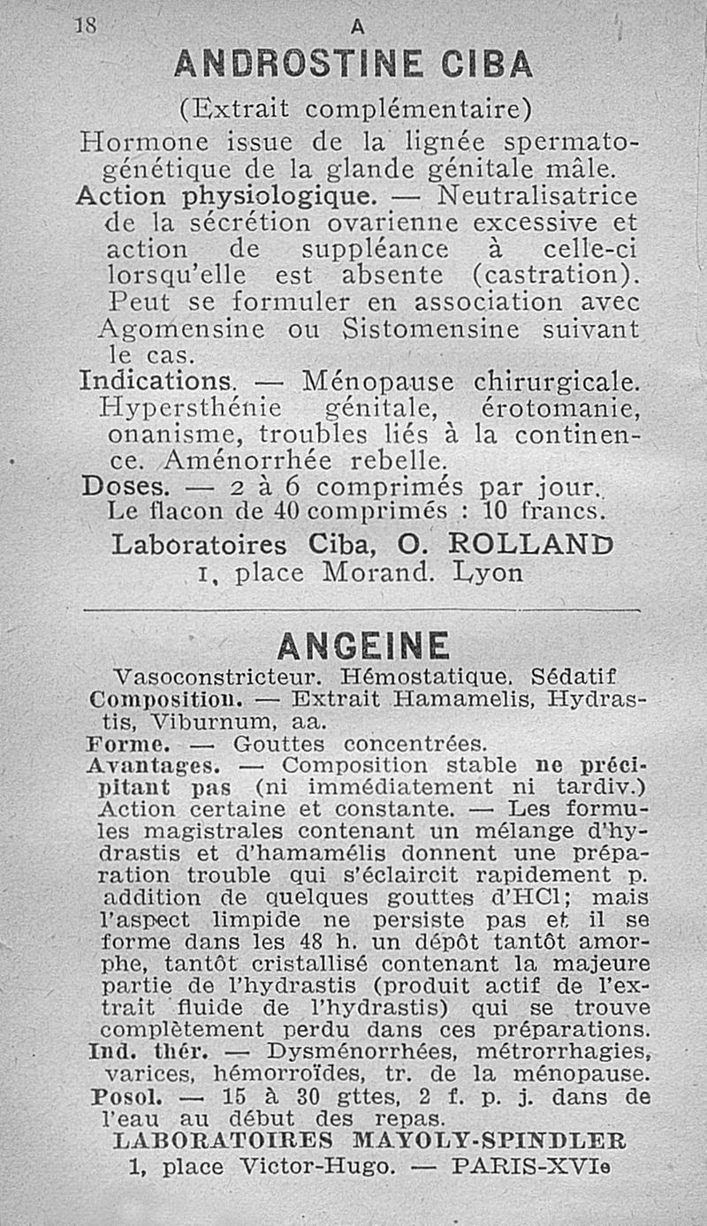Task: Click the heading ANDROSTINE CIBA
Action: pos(353,64)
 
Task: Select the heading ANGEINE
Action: pos(362,646)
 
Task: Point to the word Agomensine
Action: pos(180,329)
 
